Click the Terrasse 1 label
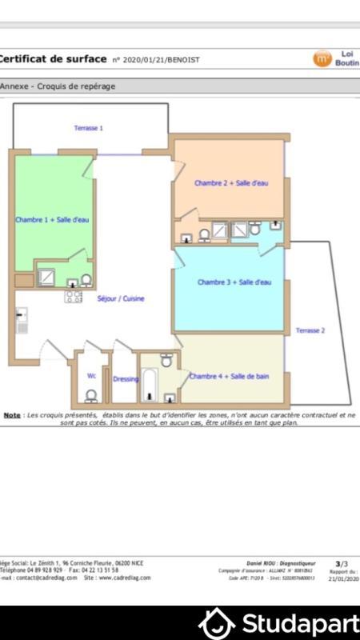[x=89, y=128]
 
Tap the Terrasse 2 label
[x=310, y=330]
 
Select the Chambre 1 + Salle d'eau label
[x=52, y=219]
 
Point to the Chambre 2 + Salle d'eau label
[x=231, y=183]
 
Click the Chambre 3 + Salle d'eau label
[x=234, y=282]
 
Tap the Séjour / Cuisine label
[x=120, y=298]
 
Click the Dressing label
[x=126, y=379]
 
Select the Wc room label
[x=92, y=375]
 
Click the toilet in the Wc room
[x=92, y=395]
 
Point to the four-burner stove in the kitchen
[x=74, y=296]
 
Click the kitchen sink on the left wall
[x=21, y=319]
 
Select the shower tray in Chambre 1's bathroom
[x=47, y=277]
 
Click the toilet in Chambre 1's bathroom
[x=86, y=280]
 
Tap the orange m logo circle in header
[x=322, y=58]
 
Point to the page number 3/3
[x=342, y=564]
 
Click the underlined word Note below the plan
[x=12, y=415]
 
